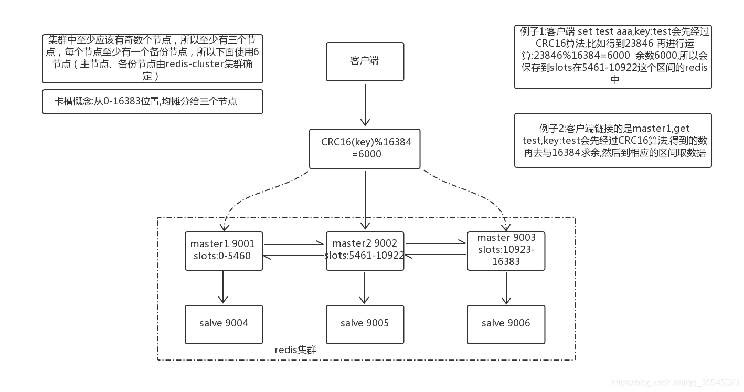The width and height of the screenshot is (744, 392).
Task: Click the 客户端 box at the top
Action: coord(365,61)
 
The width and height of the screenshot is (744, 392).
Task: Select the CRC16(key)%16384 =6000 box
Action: coord(365,149)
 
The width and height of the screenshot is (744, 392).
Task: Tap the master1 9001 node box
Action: coord(224,250)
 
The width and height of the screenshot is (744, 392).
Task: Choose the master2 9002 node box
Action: coord(365,250)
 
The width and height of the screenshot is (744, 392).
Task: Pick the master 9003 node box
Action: coord(506,250)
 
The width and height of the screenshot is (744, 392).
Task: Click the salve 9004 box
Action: coord(224,324)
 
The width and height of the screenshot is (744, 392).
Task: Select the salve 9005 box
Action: coord(365,324)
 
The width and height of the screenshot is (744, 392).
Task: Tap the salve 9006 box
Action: coord(506,324)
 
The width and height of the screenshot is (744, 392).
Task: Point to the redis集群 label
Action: coord(295,350)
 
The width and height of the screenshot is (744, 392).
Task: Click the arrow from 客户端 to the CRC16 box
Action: coord(365,105)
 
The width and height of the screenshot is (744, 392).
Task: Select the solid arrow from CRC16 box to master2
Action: coord(365,199)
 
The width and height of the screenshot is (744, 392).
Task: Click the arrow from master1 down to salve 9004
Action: coord(224,287)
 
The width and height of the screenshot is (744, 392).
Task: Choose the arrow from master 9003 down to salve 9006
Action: coord(506,287)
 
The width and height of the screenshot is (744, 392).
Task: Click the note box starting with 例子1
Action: coord(613,56)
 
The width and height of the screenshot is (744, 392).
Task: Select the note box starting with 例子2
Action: coord(613,141)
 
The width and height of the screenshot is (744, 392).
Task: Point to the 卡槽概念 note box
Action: coord(152,101)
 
